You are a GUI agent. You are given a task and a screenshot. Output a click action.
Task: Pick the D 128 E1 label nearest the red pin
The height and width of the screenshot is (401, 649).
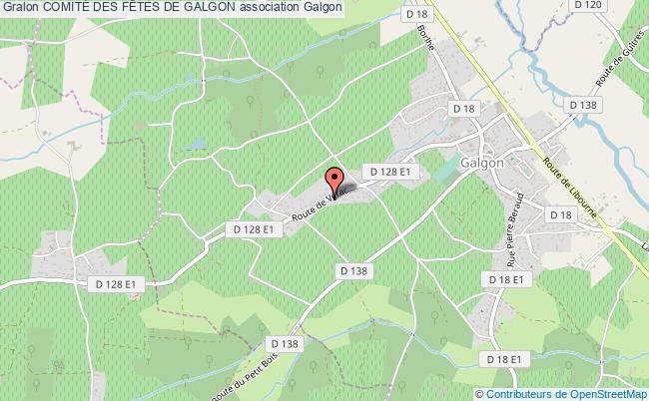pos(390,173)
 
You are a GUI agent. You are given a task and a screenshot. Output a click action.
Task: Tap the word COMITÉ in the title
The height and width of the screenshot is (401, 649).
pos(70,7)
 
